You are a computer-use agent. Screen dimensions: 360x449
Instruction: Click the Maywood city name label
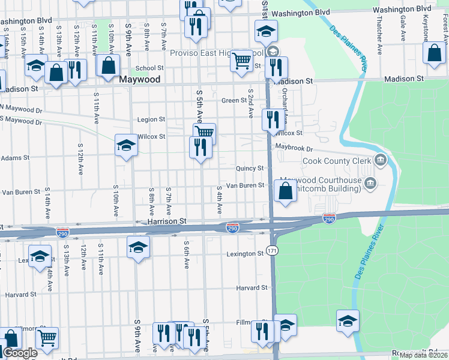[x=139, y=79]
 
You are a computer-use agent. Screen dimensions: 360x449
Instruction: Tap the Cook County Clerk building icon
[x=380, y=160]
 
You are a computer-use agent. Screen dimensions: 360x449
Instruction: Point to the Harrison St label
[x=166, y=221]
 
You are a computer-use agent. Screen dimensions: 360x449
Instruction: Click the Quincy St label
[x=250, y=169]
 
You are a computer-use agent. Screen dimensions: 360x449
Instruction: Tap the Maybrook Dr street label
[x=294, y=148]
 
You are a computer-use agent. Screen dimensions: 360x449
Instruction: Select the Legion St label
[x=151, y=119]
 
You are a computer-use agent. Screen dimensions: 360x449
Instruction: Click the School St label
[x=149, y=68]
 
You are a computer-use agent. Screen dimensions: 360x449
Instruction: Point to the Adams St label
[x=14, y=158]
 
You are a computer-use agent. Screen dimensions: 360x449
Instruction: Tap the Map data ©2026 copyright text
[x=423, y=355]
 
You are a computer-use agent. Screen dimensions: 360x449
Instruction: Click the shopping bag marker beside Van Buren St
[x=286, y=192]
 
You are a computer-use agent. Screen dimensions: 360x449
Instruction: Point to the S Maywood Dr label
[x=22, y=122]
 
